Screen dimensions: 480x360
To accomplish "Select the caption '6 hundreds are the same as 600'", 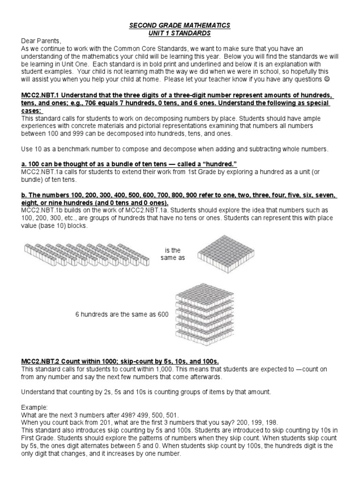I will click(121, 314).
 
